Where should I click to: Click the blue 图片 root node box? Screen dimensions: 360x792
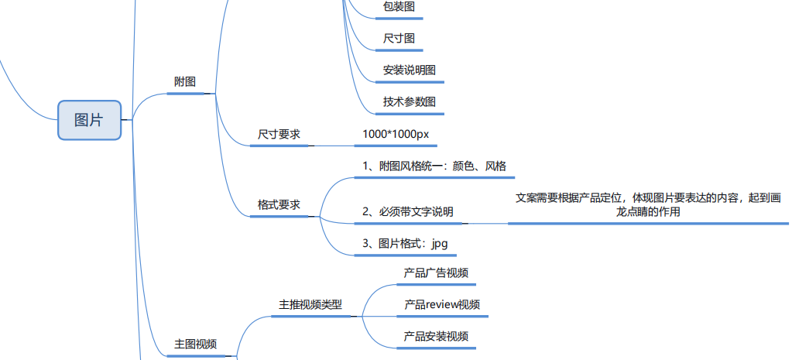89,120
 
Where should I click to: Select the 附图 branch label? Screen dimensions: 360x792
185,81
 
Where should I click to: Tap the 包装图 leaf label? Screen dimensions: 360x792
399,6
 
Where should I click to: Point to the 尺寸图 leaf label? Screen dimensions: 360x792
399,38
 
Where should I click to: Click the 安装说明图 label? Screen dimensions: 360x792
410,70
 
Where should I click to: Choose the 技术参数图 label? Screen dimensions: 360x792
410,101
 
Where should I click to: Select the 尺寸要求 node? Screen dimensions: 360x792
279,134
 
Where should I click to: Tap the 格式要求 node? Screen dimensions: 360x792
279,205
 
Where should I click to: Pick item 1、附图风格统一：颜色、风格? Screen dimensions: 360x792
434,166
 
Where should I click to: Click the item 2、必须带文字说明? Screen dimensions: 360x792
408,211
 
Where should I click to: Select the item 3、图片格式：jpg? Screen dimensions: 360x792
405,243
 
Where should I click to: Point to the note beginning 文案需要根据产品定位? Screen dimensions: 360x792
648,197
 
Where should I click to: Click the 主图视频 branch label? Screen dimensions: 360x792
195,344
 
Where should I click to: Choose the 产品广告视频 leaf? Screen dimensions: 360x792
436,273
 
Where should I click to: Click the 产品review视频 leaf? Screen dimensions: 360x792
442,304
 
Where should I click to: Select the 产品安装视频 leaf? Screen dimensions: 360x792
436,336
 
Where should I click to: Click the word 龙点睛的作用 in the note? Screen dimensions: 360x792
648,211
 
